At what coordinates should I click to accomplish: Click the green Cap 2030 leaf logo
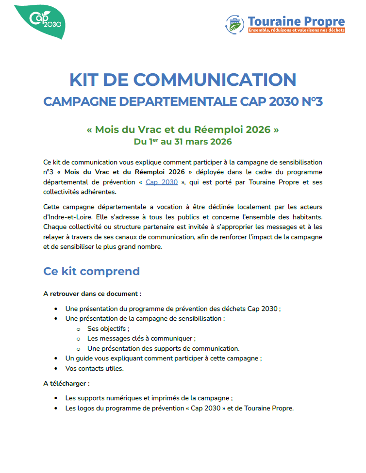40,20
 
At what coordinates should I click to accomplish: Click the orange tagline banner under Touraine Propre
296,30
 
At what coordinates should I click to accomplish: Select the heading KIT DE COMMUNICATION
183,80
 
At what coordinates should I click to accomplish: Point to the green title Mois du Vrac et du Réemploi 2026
183,130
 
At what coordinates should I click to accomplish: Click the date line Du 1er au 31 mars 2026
183,142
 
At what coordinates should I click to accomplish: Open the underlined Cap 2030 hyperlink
162,182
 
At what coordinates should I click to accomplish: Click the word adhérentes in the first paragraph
96,192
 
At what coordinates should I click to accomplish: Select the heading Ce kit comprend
91,271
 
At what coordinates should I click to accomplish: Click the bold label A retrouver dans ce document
92,294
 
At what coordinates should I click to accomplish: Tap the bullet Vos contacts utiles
95,368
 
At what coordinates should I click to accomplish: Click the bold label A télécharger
67,383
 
